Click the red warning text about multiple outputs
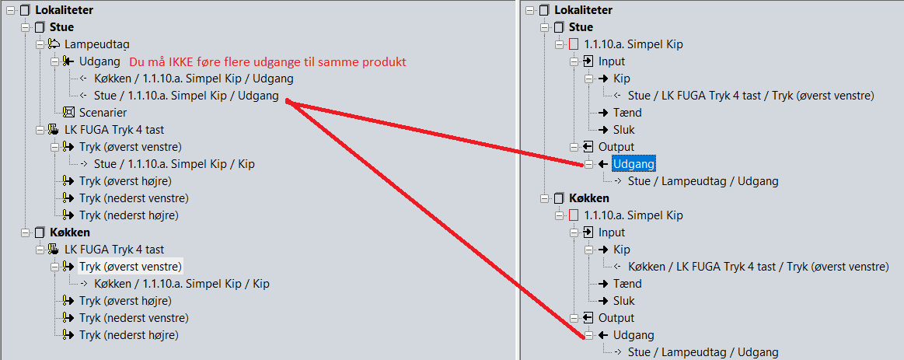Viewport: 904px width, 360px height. [267, 61]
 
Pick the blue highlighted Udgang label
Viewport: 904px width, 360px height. [633, 164]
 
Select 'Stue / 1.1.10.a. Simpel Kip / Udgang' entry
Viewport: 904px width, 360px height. [187, 96]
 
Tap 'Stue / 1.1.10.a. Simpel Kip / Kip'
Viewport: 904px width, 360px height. [174, 164]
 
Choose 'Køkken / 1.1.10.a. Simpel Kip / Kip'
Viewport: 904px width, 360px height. [181, 284]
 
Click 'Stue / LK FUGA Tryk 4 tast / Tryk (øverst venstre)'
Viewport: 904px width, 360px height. [751, 96]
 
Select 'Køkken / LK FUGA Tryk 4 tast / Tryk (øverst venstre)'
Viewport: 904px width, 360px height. [758, 267]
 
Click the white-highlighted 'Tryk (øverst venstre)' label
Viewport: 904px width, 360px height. [131, 267]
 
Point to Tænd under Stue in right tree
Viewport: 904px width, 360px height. [627, 113]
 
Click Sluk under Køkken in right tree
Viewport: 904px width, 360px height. [624, 301]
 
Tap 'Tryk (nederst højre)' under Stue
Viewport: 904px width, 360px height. [129, 215]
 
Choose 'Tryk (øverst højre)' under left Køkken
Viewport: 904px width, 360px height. [125, 301]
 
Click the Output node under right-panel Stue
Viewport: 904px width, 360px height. [616, 147]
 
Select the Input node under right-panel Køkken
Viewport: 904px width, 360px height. [611, 232]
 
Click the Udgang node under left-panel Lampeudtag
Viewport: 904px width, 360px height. [99, 61]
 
